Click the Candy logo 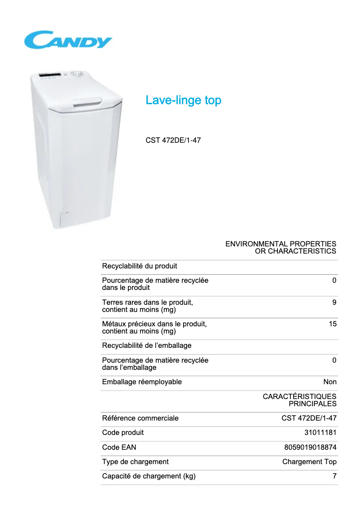[x=68, y=40]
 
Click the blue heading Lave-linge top [x=183, y=100]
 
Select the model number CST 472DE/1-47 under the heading [x=173, y=140]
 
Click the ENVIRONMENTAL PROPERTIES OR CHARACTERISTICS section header [x=281, y=247]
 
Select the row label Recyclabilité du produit [x=140, y=266]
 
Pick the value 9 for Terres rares [x=334, y=303]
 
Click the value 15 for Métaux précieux [x=332, y=324]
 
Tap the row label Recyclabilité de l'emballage [x=147, y=346]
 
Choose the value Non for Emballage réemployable [x=329, y=382]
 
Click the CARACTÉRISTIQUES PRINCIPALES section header [x=299, y=400]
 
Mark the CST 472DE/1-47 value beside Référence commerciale [x=309, y=418]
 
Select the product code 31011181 [x=320, y=433]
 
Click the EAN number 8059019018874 [x=310, y=448]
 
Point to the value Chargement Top [x=309, y=462]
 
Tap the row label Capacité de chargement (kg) [x=149, y=476]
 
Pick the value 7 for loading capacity [x=334, y=476]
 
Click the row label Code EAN [x=119, y=448]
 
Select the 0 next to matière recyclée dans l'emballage [x=334, y=360]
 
